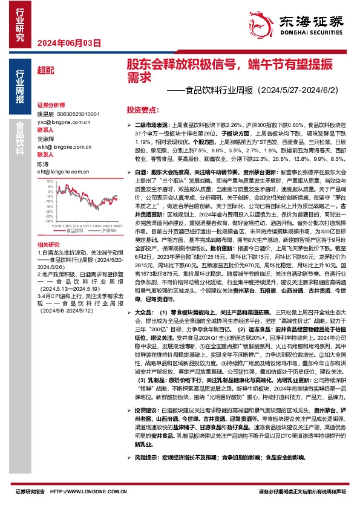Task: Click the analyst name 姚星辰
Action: [46, 114]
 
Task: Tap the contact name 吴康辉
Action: [46, 138]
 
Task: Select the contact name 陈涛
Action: [43, 164]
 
